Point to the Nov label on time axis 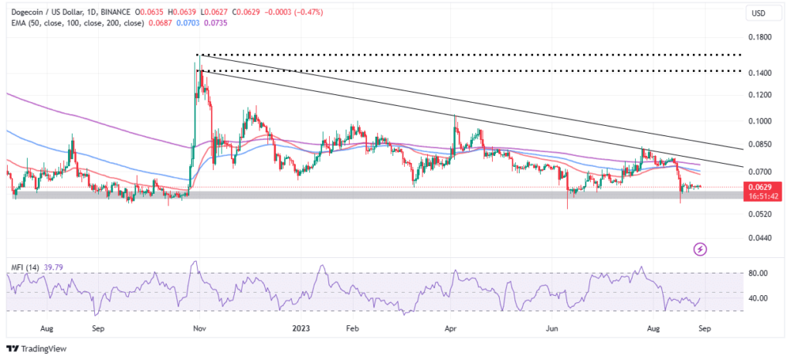[199, 328]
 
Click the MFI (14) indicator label [25, 267]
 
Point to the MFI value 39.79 [55, 267]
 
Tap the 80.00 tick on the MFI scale [759, 273]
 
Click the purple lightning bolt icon [701, 249]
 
